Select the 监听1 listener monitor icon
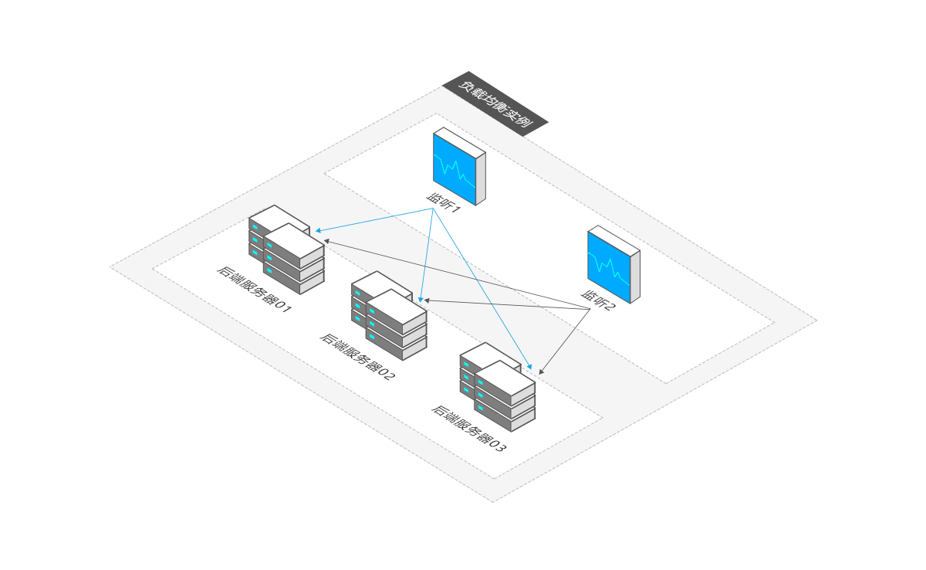(x=458, y=166)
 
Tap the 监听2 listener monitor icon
(x=613, y=264)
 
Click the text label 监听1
(x=443, y=203)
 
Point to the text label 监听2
(x=597, y=300)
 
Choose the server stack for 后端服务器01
(x=286, y=249)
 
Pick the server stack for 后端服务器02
(x=388, y=314)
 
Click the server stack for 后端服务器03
(x=497, y=386)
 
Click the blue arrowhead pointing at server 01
(x=315, y=231)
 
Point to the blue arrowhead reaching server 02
(x=421, y=299)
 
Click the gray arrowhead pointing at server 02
(x=426, y=300)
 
